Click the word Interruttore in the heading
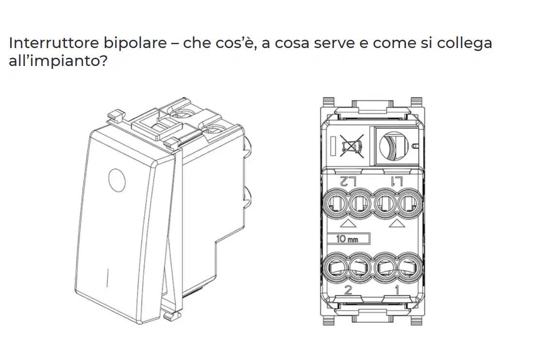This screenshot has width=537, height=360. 53,43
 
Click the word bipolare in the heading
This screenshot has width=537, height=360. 135,44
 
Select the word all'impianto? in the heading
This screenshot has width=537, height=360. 58,61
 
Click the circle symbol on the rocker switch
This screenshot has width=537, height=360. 117,180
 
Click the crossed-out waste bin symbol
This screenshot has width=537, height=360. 352,146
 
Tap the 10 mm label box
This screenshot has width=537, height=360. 348,239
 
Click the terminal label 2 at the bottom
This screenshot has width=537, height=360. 348,290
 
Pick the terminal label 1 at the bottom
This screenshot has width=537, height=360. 397,290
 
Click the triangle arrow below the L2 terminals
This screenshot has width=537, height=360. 349,224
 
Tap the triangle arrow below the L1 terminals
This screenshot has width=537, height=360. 397,224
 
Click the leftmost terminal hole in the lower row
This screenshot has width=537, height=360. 336,267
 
